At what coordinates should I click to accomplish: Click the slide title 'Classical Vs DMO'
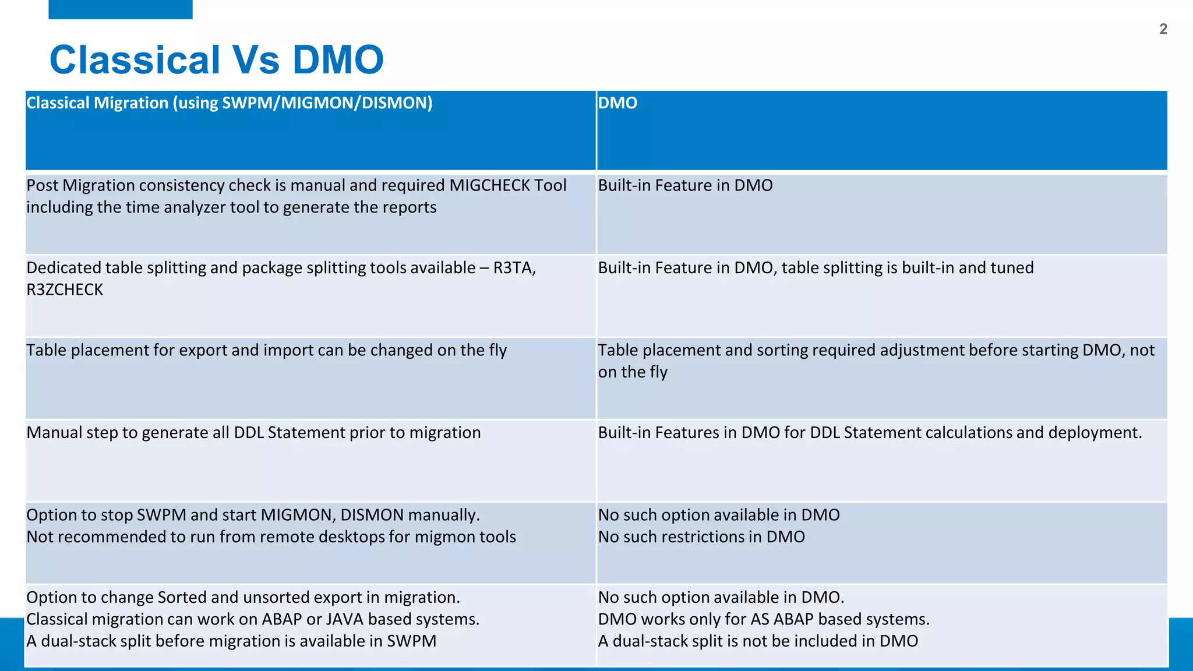pos(216,59)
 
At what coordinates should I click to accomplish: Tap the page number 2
pos(1163,29)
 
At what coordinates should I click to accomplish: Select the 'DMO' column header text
pos(617,103)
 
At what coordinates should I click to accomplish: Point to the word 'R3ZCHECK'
pos(65,289)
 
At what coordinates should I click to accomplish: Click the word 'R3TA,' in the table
pos(514,268)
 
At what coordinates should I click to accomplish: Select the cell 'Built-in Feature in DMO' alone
pos(685,185)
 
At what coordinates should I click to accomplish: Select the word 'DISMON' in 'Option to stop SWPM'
pos(372,515)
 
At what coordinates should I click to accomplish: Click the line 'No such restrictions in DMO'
pos(701,536)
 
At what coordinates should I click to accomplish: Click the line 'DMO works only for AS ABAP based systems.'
pos(764,619)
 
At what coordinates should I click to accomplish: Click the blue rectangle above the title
pos(120,9)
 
